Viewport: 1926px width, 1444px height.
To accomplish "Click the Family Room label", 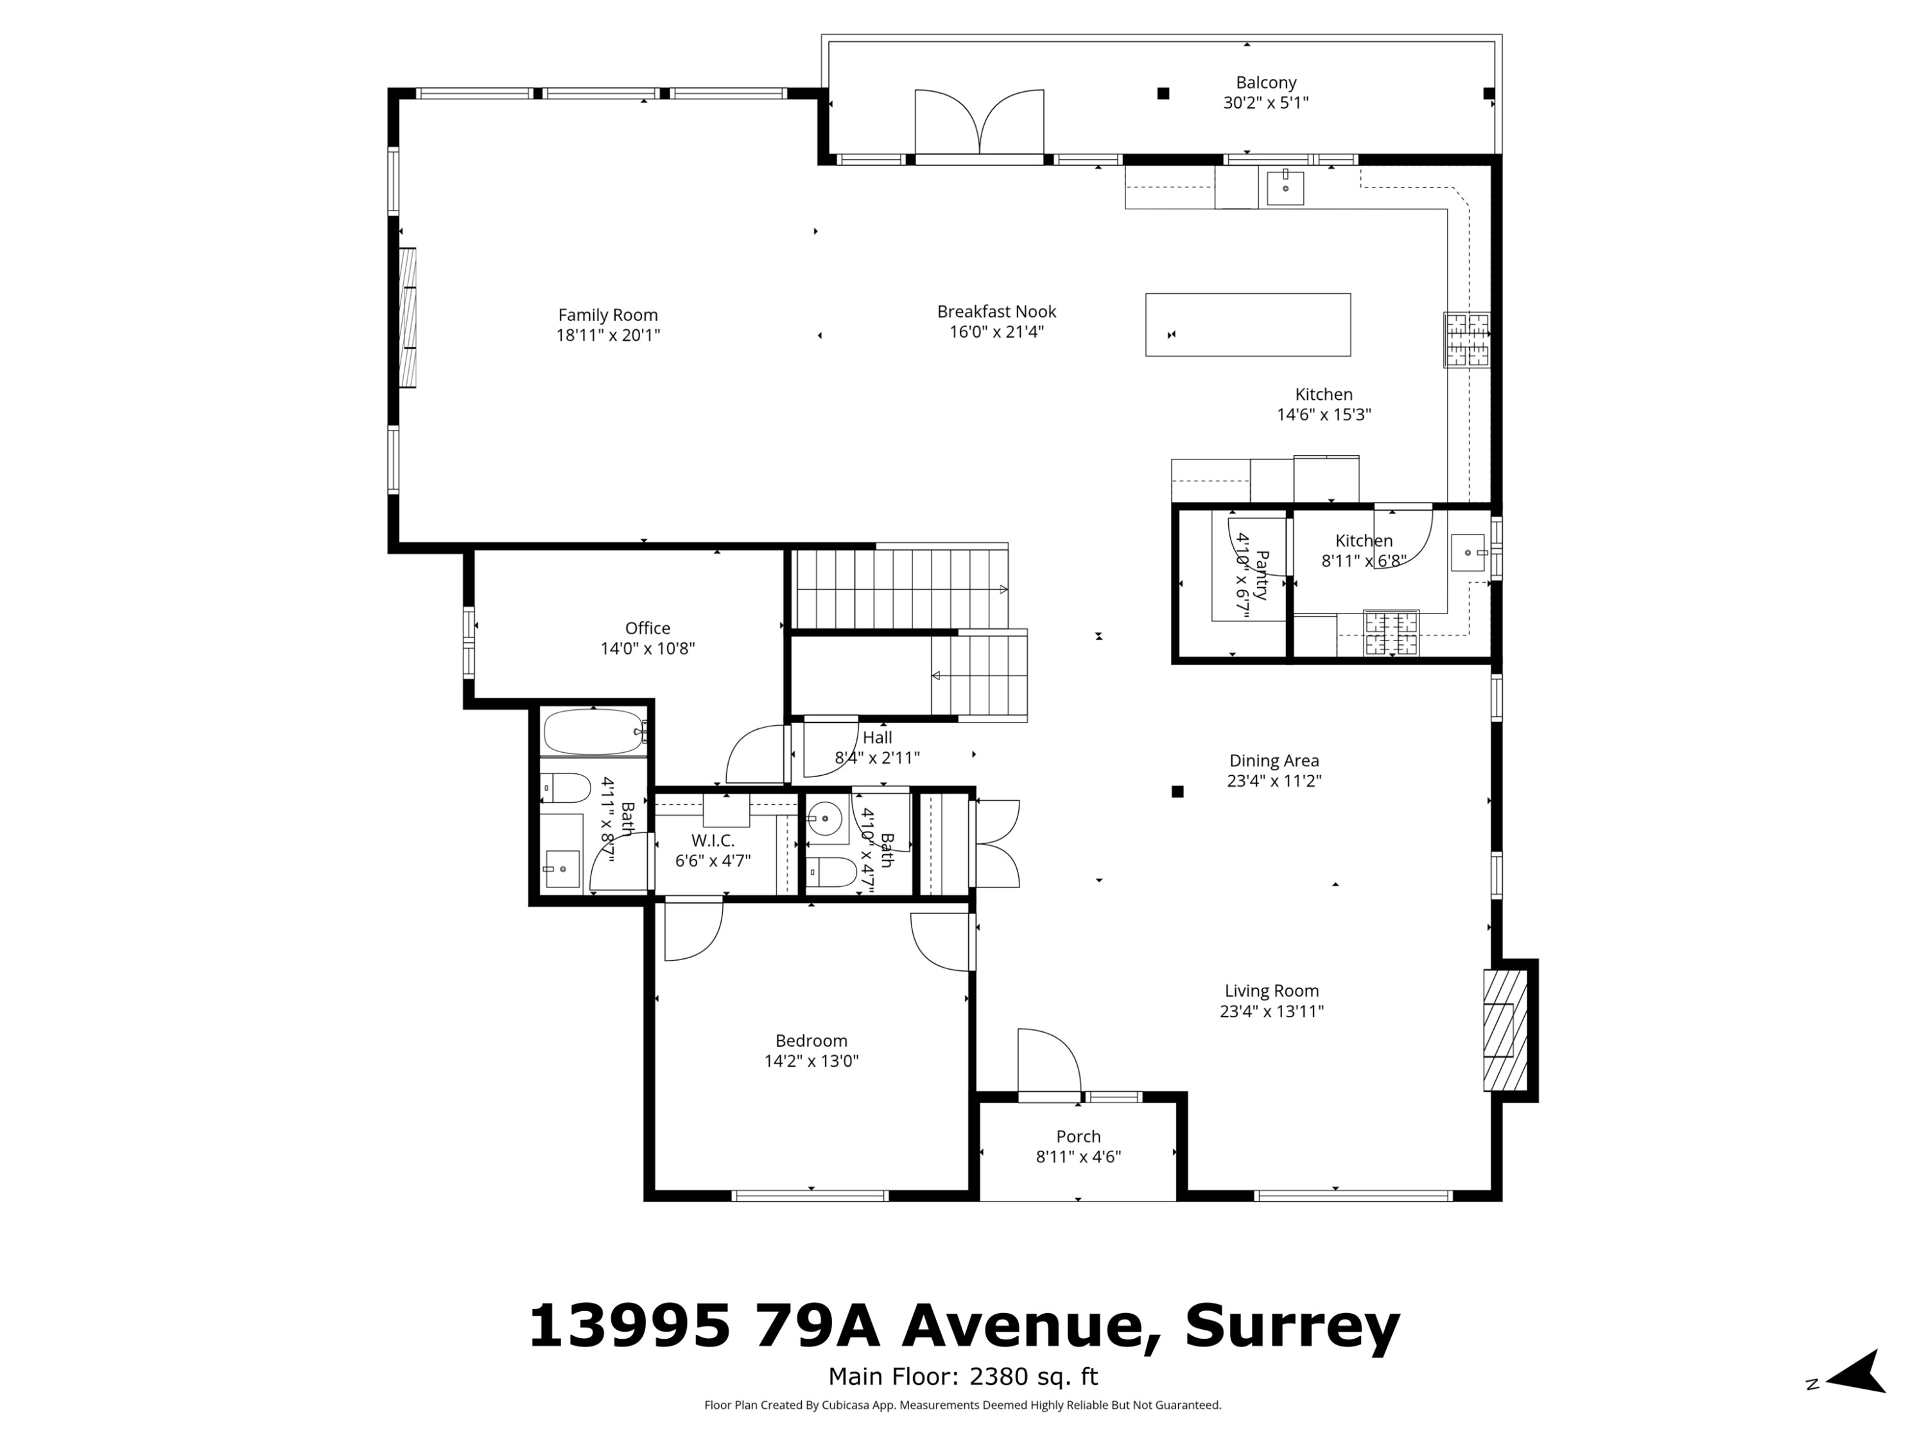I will (608, 315).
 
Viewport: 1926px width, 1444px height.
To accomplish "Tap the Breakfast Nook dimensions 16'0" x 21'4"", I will (996, 332).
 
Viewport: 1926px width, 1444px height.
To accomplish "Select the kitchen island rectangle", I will (1247, 325).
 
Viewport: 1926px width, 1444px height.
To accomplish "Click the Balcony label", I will (1265, 83).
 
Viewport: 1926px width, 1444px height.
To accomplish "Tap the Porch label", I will (1078, 1136).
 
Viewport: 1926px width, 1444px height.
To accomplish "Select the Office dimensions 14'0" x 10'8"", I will (647, 648).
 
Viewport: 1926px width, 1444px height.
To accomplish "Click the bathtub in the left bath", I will (593, 732).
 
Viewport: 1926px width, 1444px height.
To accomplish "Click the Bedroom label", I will (811, 1040).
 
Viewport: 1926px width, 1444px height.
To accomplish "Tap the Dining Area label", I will (1273, 761).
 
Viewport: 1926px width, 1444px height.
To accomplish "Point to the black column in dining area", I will (1177, 791).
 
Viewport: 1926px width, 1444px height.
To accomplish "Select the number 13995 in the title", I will (629, 1327).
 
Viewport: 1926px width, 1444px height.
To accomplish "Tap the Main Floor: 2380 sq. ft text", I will (962, 1376).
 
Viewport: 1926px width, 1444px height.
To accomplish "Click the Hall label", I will (877, 738).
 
